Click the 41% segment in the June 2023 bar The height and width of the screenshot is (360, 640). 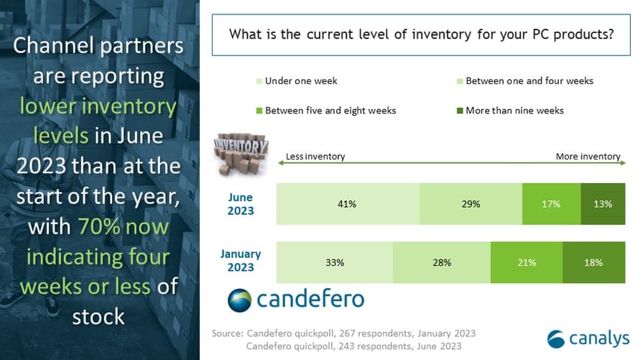348,204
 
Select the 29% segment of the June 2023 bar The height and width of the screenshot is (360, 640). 471,204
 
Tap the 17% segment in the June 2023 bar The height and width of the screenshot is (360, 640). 551,204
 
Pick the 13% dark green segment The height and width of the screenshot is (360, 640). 603,204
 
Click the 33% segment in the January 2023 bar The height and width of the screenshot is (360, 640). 335,262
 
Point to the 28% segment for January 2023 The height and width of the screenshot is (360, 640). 442,262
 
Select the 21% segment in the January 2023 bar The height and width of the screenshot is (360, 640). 527,262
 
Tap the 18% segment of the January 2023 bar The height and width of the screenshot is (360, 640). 594,262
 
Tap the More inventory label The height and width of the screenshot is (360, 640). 588,157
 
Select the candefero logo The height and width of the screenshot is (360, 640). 296,299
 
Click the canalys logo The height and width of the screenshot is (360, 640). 588,338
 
